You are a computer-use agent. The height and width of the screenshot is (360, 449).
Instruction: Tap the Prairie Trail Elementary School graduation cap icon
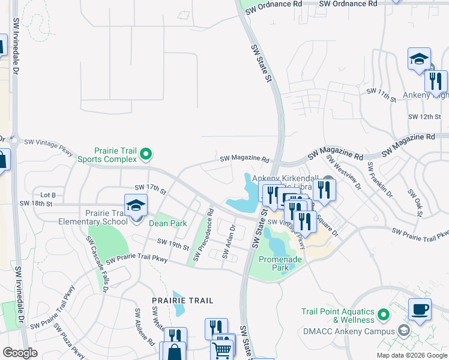136,206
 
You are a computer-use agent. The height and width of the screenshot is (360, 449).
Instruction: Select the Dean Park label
167,223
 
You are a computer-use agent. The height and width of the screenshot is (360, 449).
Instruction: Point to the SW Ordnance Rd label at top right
348,4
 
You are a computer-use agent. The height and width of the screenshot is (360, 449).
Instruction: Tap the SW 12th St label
424,116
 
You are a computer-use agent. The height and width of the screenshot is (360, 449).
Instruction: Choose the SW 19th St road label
173,242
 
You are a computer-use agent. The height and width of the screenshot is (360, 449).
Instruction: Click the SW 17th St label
150,188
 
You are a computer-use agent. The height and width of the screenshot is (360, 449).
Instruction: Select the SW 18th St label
37,203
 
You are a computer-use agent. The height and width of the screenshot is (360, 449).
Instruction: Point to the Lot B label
47,195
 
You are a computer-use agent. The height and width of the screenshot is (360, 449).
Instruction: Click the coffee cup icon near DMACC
420,310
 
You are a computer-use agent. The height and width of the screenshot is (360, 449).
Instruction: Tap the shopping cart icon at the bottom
222,349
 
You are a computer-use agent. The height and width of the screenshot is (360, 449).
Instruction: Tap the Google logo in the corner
20,353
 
